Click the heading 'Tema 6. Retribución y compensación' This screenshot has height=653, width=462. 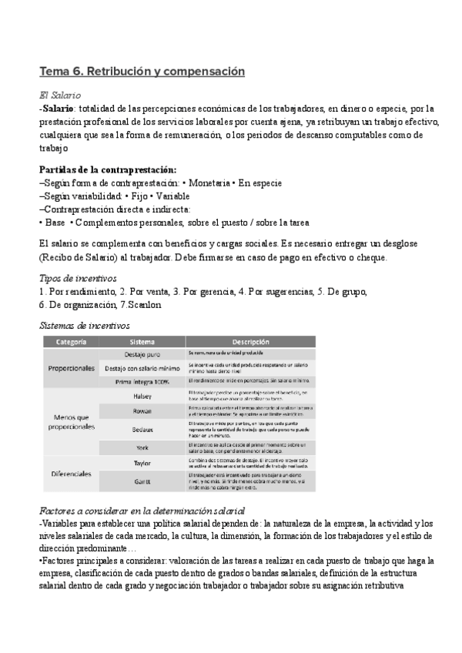142,72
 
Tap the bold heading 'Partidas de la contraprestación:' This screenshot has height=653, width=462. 107,169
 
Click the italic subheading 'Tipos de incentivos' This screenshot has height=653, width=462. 78,277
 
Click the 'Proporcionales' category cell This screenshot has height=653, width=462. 71,368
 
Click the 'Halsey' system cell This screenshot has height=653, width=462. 142,395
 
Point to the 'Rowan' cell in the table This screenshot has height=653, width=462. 142,410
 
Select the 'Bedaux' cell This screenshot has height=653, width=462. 142,427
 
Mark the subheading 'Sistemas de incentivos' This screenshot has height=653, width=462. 85,325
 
